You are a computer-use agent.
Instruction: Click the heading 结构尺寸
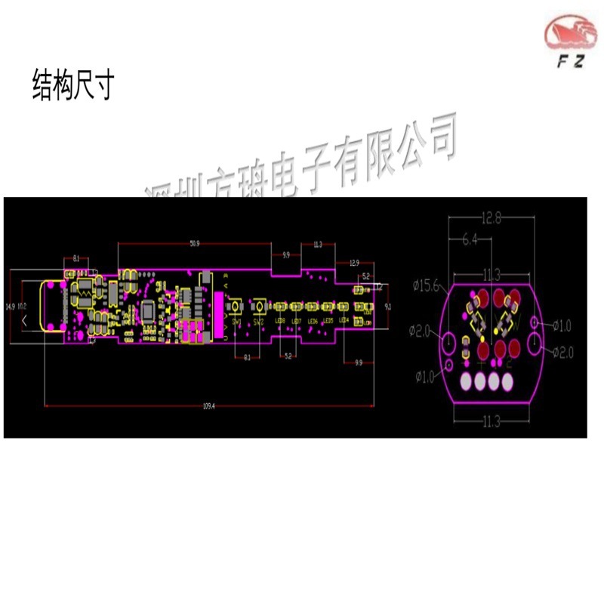[x=72, y=85]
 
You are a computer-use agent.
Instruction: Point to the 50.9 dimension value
[x=194, y=243]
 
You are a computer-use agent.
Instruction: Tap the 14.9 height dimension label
[x=10, y=307]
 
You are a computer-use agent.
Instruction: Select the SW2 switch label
[x=258, y=322]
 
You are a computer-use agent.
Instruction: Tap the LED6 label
[x=312, y=321]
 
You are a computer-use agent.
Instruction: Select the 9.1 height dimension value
[x=387, y=307]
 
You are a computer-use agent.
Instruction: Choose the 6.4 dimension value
[x=470, y=239]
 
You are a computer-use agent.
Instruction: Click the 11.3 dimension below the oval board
[x=492, y=421]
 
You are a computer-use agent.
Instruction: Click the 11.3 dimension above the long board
[x=317, y=245]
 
